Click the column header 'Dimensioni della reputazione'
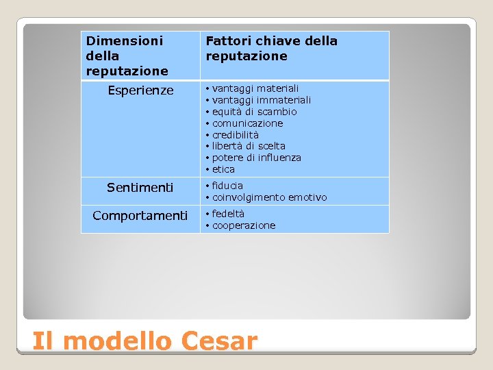[127, 56]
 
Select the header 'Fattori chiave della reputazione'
[271, 49]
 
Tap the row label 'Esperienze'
[140, 90]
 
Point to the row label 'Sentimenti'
[140, 187]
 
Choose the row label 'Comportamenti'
[140, 216]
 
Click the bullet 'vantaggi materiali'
[255, 88]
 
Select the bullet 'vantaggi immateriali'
[261, 100]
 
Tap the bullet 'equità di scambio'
[254, 112]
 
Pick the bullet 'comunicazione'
[247, 123]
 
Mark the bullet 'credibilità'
[236, 135]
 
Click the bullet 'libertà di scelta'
[249, 146]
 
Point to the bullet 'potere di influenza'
[256, 158]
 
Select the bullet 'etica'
[223, 169]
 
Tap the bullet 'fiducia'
[227, 186]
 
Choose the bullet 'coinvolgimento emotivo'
[269, 197]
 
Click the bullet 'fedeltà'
[228, 214]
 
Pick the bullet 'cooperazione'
[244, 225]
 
